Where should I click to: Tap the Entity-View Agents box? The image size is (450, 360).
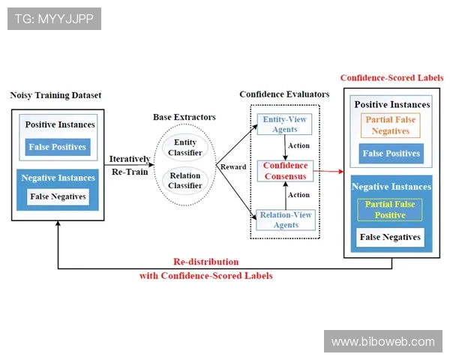click(x=284, y=124)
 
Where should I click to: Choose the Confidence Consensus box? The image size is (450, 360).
click(x=284, y=170)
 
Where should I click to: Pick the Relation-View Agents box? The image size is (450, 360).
click(x=284, y=219)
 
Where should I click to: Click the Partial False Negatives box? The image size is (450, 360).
click(x=390, y=124)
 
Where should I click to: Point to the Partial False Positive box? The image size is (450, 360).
click(x=390, y=209)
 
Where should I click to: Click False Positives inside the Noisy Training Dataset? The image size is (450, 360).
click(x=58, y=147)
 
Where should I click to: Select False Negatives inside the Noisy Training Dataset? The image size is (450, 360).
click(x=58, y=197)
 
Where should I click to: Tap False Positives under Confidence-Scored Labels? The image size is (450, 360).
click(x=391, y=154)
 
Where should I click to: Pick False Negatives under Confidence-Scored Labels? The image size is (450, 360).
click(x=391, y=238)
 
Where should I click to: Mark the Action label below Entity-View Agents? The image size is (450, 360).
click(x=298, y=145)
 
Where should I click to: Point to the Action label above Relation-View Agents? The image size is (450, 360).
click(x=298, y=195)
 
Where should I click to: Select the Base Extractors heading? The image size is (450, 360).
click(x=184, y=117)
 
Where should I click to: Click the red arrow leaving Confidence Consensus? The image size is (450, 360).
click(x=327, y=172)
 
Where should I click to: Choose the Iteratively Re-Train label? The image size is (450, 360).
click(x=129, y=165)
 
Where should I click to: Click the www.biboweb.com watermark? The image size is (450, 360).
click(x=383, y=341)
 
